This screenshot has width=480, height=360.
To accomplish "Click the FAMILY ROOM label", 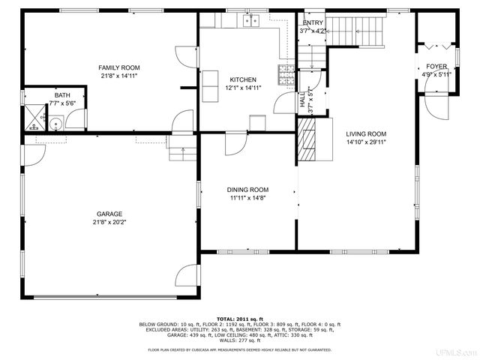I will [121, 68].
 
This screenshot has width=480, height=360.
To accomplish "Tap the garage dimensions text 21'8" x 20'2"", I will [109, 222].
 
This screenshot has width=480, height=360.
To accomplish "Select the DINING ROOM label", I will [247, 190].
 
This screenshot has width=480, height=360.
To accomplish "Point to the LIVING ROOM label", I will [366, 133].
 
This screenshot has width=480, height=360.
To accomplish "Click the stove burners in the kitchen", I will [286, 73].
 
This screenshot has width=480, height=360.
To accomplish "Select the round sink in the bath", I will [55, 124].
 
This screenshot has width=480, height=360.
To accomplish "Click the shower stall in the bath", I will [34, 116].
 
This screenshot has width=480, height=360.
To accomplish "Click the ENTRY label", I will [313, 23].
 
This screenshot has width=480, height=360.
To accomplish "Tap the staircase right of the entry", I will [355, 31].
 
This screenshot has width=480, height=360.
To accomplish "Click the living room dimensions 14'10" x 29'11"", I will [366, 142].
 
